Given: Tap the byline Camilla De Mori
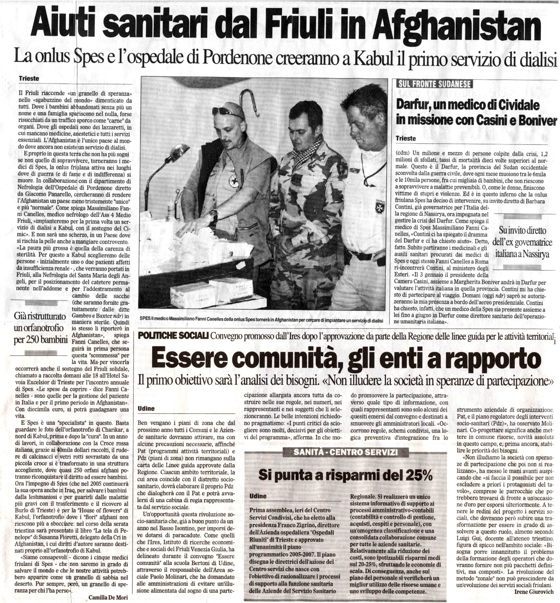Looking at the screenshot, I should [x=108, y=596].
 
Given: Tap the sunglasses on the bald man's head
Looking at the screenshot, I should [x=229, y=111].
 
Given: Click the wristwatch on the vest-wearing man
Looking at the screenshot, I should [x=213, y=212].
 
